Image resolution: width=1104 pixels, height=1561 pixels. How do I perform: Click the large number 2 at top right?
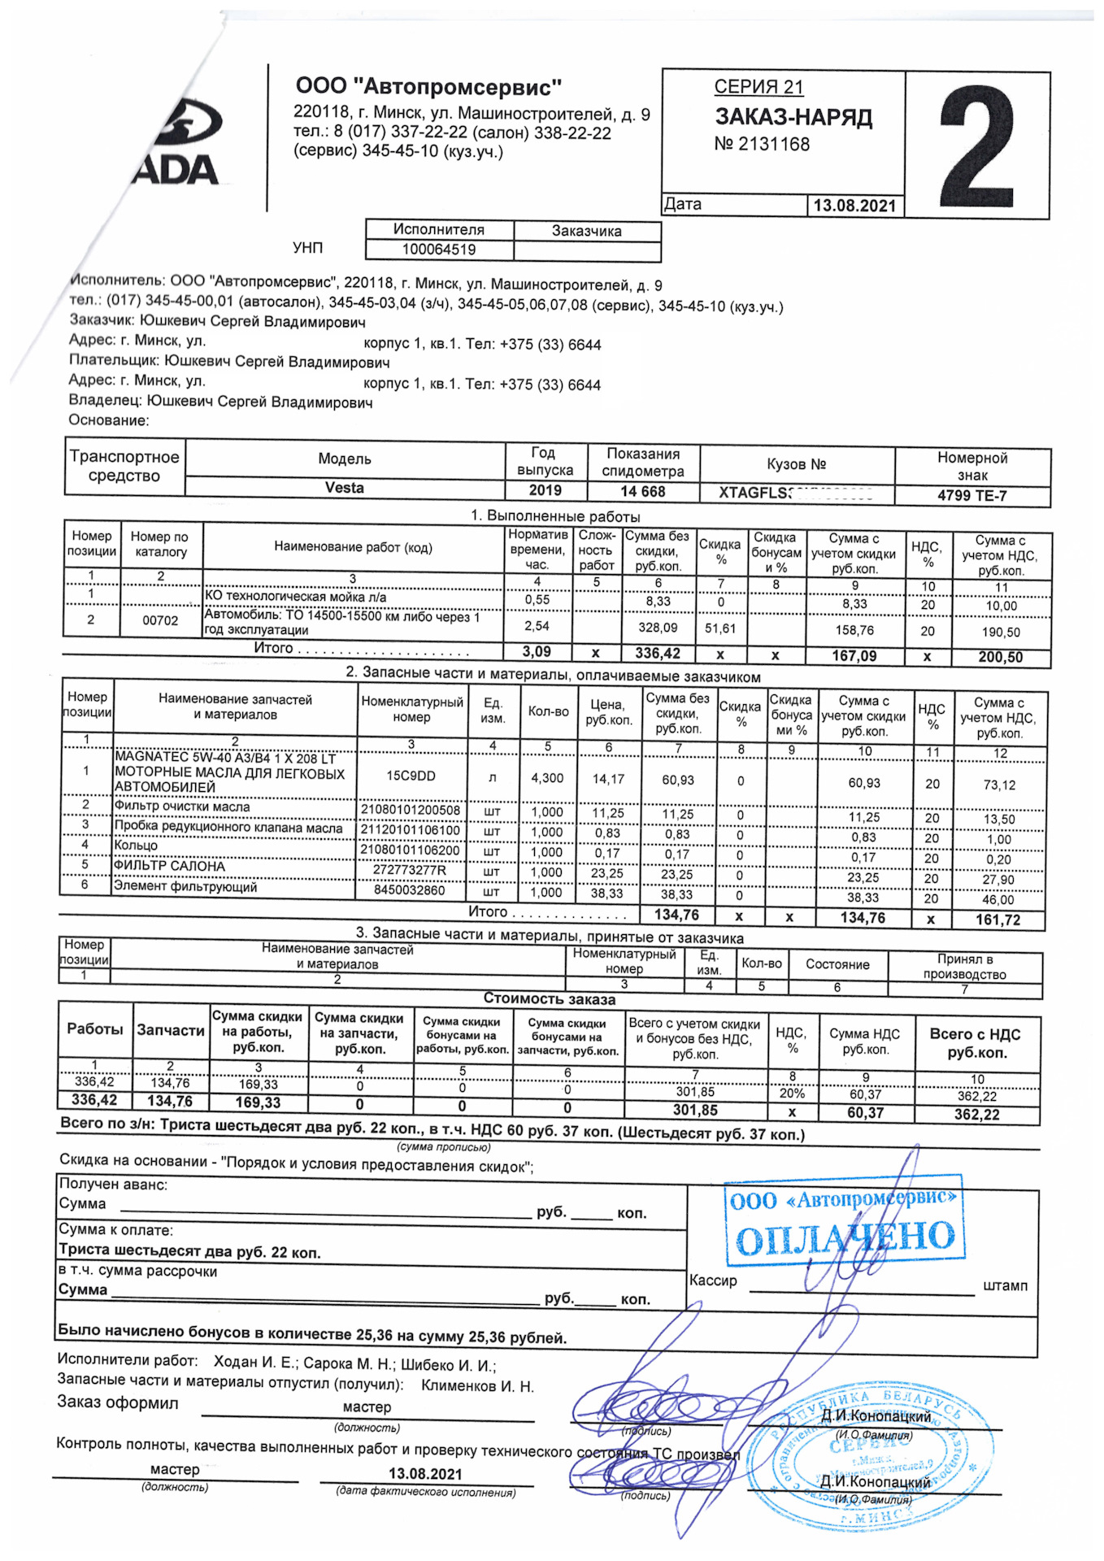(978, 146)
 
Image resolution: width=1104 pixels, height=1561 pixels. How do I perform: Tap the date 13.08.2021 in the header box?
(854, 206)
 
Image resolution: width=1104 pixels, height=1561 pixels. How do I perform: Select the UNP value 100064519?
(439, 250)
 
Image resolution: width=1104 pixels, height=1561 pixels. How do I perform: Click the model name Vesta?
(345, 488)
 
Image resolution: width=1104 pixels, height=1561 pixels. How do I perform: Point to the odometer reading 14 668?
(642, 491)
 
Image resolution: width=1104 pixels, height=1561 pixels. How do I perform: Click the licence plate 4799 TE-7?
(971, 495)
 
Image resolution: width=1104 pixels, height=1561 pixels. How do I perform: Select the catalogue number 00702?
(160, 620)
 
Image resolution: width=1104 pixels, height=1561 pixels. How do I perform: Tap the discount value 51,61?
(719, 628)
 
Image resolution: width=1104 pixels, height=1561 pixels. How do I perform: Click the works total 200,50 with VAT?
(1000, 657)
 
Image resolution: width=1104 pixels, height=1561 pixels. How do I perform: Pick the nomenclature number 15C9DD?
(411, 776)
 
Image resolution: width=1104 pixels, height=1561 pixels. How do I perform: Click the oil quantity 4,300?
(547, 778)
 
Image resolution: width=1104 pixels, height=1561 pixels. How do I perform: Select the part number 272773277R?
(410, 871)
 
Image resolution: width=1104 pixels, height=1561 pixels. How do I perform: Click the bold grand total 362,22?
(976, 1115)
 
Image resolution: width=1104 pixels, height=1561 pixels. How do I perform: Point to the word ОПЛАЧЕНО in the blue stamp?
(845, 1238)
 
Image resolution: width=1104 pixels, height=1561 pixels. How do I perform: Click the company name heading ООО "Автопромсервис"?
(428, 87)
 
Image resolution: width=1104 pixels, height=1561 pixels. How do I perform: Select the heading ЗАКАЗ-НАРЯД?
(793, 117)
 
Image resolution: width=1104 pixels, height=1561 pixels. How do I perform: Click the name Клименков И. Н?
(477, 1386)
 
